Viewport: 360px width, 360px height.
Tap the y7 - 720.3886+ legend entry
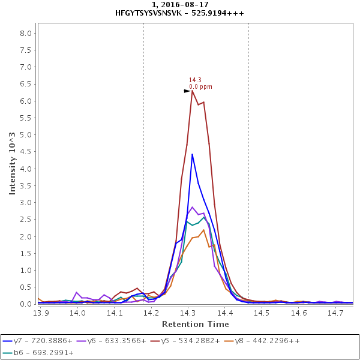pyautogui.click(x=37, y=341)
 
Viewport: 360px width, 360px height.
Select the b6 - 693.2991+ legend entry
pyautogui.click(x=38, y=352)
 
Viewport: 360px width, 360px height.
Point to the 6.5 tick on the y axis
pyautogui.click(x=27, y=84)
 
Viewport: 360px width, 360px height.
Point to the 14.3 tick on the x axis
pyautogui.click(x=188, y=313)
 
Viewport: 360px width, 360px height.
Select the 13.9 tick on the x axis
pyautogui.click(x=40, y=313)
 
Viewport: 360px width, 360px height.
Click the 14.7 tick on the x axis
pyautogui.click(x=335, y=313)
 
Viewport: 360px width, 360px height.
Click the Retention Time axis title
pyautogui.click(x=196, y=324)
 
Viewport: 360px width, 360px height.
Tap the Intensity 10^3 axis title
pyautogui.click(x=13, y=172)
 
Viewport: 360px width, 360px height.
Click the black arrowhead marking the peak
pyautogui.click(x=187, y=91)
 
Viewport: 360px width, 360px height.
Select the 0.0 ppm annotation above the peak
pyautogui.click(x=200, y=87)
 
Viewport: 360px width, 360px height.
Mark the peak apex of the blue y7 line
pyautogui.click(x=192, y=154)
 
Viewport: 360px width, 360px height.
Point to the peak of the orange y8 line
pyautogui.click(x=203, y=230)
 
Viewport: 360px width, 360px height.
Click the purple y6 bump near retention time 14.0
pyautogui.click(x=76, y=292)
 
